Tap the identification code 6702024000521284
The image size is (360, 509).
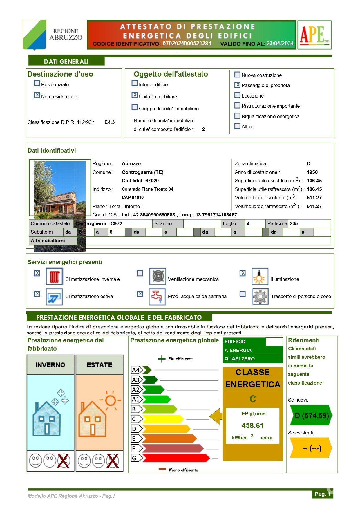(x=187, y=44)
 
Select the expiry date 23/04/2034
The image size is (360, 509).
(x=280, y=44)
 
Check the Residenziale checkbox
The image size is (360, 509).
(x=37, y=84)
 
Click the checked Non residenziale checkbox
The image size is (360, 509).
(x=37, y=95)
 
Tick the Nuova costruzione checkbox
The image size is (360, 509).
(x=237, y=75)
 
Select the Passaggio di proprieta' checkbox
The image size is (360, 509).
(x=237, y=85)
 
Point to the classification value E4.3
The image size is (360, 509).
(x=109, y=122)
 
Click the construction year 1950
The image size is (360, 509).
(x=312, y=172)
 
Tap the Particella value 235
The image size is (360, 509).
(x=294, y=223)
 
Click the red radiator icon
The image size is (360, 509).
(x=54, y=277)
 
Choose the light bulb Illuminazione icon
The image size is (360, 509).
(x=260, y=277)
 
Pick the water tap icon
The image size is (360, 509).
(x=157, y=296)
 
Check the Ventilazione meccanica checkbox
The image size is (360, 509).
(x=140, y=273)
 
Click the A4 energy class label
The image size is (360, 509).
(x=136, y=370)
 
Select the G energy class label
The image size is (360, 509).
(x=135, y=458)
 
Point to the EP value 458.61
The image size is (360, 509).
(x=252, y=426)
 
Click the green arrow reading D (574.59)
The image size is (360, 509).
(x=311, y=416)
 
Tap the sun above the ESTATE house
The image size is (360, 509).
(x=111, y=401)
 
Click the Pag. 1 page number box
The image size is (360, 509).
(x=322, y=494)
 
